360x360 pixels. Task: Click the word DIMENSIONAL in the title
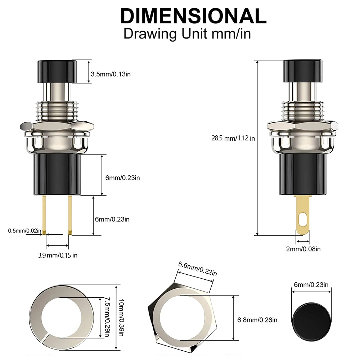(193, 16)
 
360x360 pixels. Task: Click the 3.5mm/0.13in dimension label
(111, 74)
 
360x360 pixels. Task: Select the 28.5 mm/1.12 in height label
(233, 138)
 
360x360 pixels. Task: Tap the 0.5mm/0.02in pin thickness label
(24, 230)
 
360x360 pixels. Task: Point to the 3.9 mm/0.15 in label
(58, 255)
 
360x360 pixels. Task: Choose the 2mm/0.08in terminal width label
(303, 249)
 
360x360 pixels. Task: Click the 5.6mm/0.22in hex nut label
(198, 269)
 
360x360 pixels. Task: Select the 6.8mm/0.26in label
(257, 320)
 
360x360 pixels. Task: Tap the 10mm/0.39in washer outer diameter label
(121, 318)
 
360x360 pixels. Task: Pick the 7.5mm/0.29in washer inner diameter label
(107, 317)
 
